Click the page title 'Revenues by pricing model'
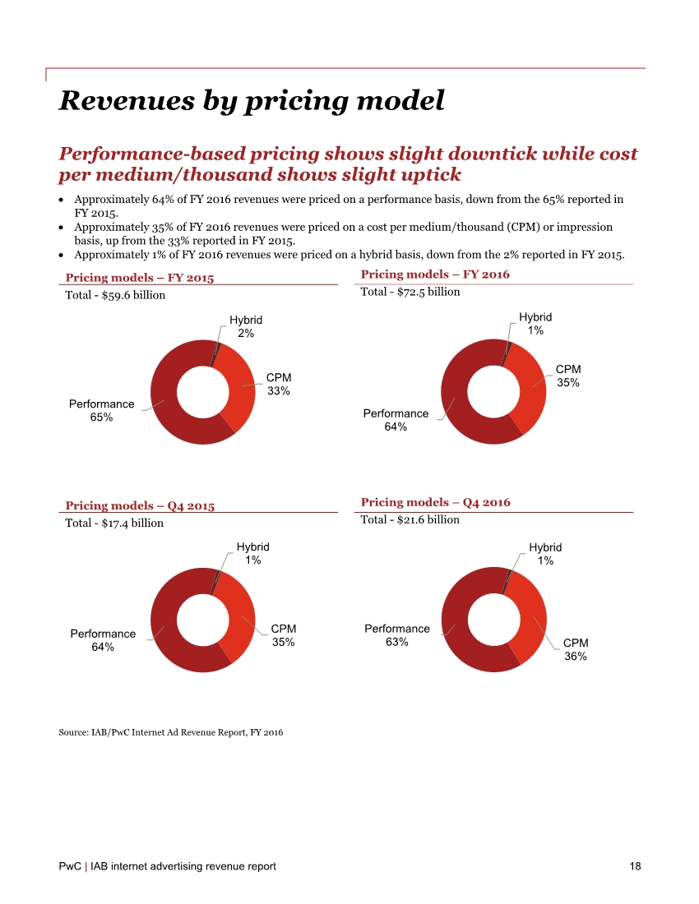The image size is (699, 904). (252, 100)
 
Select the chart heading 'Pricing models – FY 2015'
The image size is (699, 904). (139, 278)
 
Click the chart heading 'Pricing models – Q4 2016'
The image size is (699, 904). (435, 502)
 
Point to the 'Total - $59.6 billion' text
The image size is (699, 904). (115, 295)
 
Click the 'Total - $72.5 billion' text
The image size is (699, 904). (410, 292)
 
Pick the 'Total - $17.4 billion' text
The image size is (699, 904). (114, 523)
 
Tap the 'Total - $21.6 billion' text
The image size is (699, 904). (410, 519)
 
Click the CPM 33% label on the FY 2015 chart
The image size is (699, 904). (278, 384)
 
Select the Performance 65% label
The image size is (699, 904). (101, 410)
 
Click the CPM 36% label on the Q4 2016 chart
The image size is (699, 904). (575, 649)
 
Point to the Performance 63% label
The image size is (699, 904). (396, 635)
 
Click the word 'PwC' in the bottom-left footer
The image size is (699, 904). (69, 866)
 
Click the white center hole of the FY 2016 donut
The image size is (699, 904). (493, 392)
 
